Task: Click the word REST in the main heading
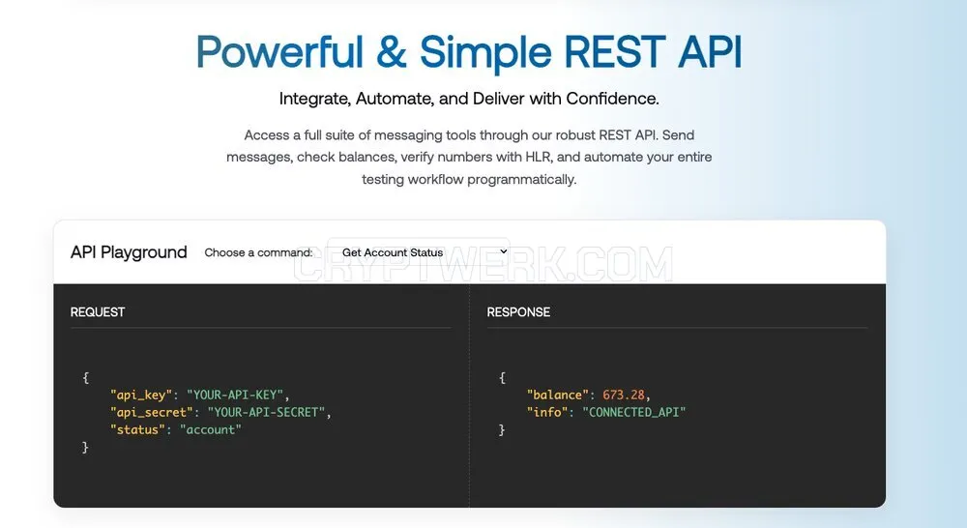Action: pos(615,51)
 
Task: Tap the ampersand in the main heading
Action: pos(391,51)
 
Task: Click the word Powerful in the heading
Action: pos(279,51)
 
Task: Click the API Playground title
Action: pos(129,252)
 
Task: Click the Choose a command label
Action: pos(258,252)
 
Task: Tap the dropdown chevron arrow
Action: pos(503,251)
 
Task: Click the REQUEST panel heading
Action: pos(98,312)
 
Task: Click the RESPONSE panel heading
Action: pos(518,312)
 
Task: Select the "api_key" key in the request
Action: pos(141,395)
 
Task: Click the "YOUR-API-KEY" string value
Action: pos(235,395)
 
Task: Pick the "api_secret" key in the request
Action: pos(152,412)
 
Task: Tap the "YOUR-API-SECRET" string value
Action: pos(267,412)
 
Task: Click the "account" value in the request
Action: pos(210,430)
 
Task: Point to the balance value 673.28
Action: pos(624,395)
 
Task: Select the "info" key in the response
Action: pos(547,412)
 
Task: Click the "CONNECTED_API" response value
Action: pos(634,412)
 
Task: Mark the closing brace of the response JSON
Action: pos(502,430)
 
